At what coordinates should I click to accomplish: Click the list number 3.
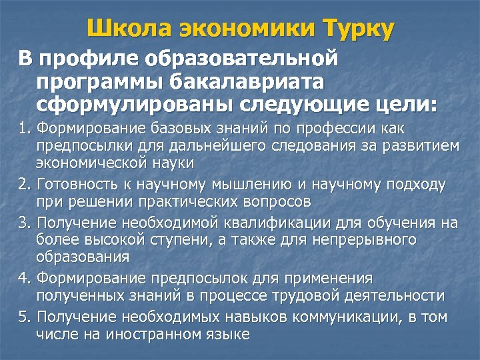click(x=23, y=221)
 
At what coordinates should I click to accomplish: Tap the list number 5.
click(x=23, y=316)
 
